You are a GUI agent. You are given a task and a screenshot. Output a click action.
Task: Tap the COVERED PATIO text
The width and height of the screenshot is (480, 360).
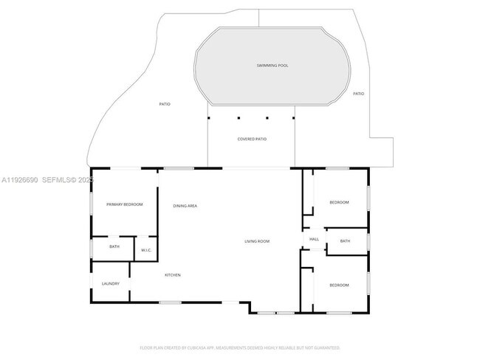252,139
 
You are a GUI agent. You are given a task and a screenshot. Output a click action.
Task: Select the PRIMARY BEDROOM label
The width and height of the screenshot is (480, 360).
124,204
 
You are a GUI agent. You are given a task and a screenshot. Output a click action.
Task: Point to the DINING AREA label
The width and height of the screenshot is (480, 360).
185,205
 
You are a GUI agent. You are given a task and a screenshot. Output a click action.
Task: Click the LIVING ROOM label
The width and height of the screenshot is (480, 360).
258,241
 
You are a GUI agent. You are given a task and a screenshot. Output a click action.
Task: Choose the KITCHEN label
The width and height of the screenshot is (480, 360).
173,275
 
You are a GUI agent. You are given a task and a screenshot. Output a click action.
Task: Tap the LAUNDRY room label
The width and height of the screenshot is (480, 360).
111,284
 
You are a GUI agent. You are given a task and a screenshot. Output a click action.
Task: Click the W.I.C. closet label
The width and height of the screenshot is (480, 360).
146,251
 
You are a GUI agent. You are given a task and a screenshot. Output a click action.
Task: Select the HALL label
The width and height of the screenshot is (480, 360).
314,239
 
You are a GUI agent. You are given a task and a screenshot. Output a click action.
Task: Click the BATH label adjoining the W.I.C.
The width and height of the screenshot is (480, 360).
114,246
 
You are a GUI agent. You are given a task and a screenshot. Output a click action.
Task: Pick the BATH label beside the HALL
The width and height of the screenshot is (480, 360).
345,241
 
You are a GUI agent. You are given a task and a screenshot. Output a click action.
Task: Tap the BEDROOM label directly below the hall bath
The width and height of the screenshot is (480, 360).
339,285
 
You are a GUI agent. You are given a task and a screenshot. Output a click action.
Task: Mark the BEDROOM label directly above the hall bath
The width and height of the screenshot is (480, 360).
339,202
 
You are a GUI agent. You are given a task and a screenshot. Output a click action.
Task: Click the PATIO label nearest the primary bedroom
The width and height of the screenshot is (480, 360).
165,104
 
